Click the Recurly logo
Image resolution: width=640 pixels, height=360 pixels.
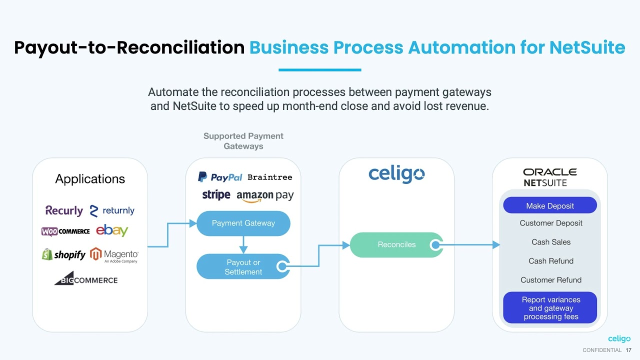click(64, 210)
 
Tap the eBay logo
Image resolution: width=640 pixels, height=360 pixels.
click(112, 230)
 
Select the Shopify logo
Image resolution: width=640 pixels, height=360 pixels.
click(63, 254)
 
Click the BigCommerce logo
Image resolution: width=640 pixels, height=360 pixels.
click(86, 279)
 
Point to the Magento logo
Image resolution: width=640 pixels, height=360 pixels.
click(114, 255)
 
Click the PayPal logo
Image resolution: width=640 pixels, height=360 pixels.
click(220, 177)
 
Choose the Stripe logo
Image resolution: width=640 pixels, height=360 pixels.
click(216, 194)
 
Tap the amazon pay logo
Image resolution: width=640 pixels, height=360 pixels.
click(265, 196)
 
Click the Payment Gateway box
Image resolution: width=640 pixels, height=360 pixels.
click(243, 223)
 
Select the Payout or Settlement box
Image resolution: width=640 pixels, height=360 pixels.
click(243, 267)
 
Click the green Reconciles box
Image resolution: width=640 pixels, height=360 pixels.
click(396, 245)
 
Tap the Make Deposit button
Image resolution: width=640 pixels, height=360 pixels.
click(550, 205)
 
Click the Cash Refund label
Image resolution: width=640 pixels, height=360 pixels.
click(551, 261)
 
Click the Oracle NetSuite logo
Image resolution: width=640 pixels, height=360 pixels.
click(549, 177)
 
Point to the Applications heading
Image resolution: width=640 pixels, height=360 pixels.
click(90, 179)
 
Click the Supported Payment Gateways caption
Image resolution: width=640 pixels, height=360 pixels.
click(243, 141)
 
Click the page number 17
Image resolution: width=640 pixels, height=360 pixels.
click(628, 350)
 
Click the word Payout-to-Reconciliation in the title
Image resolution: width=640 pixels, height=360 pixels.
click(129, 47)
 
